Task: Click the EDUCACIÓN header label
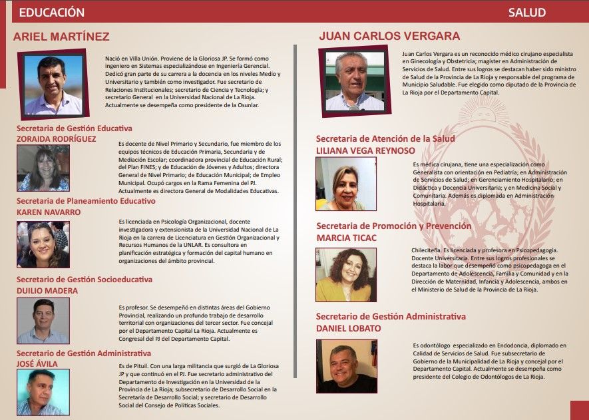click(52, 13)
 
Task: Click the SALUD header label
click(527, 13)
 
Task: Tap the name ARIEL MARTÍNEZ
click(61, 37)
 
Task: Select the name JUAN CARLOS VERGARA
click(389, 36)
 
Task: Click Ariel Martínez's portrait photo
click(53, 85)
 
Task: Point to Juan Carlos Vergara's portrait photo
click(355, 81)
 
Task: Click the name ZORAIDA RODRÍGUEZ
click(57, 139)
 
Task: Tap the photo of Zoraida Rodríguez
click(43, 168)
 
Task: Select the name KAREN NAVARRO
click(49, 212)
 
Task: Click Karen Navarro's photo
click(43, 244)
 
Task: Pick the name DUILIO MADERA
click(47, 291)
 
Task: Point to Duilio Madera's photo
click(43, 321)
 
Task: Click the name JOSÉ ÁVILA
click(37, 364)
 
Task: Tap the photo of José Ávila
click(43, 392)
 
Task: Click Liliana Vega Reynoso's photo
click(346, 184)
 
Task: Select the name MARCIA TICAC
click(347, 238)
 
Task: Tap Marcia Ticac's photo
click(346, 275)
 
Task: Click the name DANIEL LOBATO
click(349, 328)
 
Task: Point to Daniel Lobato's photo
click(346, 365)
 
